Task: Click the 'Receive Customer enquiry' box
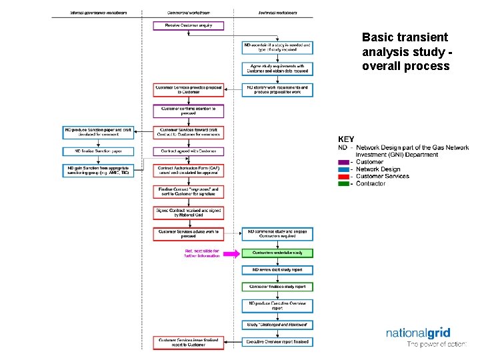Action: (189, 25)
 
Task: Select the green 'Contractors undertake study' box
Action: (277, 253)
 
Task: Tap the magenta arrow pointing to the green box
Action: (231, 253)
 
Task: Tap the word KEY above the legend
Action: (346, 139)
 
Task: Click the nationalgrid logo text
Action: (427, 333)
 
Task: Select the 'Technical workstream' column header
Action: (277, 13)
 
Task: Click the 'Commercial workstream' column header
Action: (189, 13)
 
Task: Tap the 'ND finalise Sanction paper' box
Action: (99, 151)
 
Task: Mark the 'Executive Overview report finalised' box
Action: (277, 342)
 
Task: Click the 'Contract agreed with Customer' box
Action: (189, 151)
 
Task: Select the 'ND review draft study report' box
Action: (277, 270)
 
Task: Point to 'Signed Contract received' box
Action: (189, 213)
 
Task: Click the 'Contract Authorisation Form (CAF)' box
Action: (189, 171)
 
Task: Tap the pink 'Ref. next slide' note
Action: (202, 253)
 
